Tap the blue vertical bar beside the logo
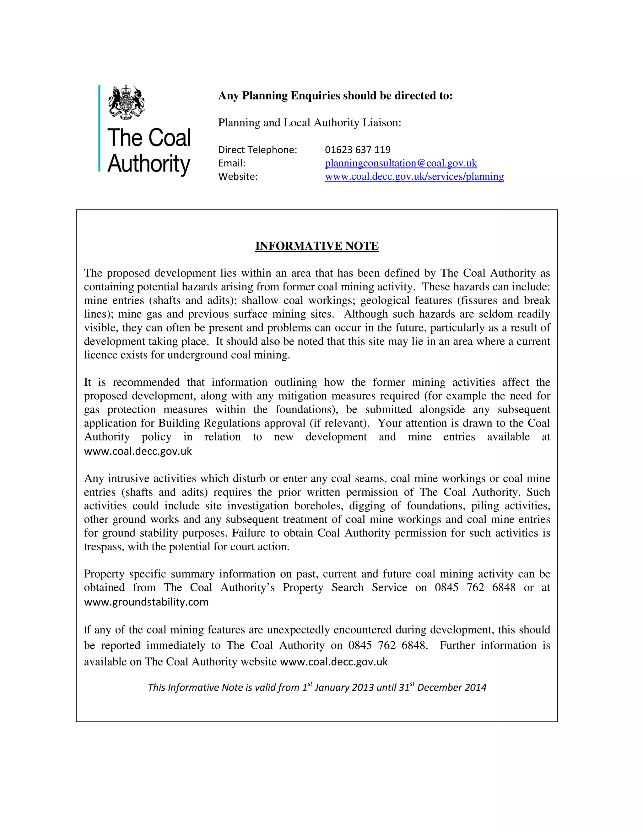coord(100,128)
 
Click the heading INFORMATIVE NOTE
coord(316,246)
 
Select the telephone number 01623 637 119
coord(357,150)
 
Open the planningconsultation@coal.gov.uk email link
coord(400,163)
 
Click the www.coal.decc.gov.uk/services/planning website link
coord(414,177)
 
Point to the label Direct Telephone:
coord(257,150)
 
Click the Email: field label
coord(232,163)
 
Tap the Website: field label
coord(238,177)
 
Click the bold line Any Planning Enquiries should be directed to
coord(335,96)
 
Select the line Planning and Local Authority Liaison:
coord(309,123)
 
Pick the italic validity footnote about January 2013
coord(316,687)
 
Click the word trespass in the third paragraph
coord(100,547)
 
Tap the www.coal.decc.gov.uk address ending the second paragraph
coord(138,451)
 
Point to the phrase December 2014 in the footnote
coord(451,687)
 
